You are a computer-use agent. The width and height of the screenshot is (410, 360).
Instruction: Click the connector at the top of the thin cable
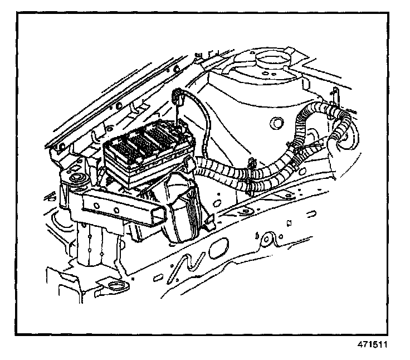tap(179, 99)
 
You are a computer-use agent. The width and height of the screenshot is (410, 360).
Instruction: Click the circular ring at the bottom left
tap(115, 288)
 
